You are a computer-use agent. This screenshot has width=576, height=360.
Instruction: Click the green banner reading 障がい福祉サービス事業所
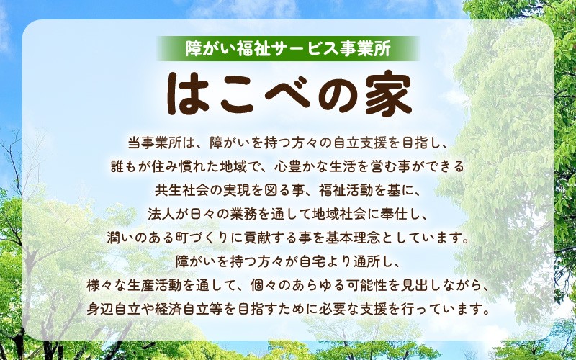coord(288,48)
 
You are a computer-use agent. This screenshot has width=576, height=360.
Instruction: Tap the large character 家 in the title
coord(390,95)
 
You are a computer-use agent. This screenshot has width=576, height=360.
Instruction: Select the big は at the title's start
coord(188,95)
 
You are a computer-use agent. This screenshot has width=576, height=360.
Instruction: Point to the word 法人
coord(161,214)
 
